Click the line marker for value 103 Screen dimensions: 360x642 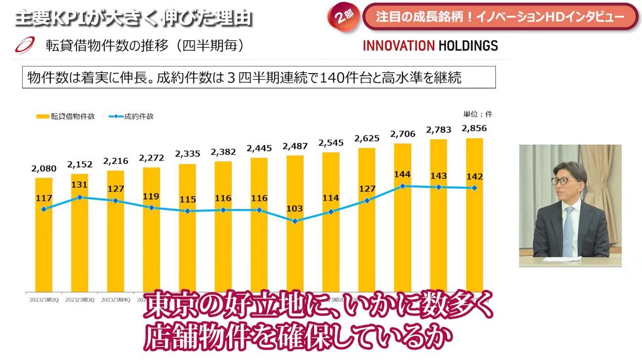click(x=295, y=221)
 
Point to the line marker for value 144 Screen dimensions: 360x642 click(x=403, y=186)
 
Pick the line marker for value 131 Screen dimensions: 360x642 click(x=80, y=197)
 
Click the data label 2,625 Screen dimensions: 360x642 click(x=366, y=138)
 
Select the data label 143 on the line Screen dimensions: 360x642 click(x=439, y=176)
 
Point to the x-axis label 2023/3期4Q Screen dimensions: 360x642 click(x=116, y=299)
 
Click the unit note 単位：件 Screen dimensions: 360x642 click(x=478, y=114)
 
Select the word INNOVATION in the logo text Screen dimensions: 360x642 click(x=398, y=46)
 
